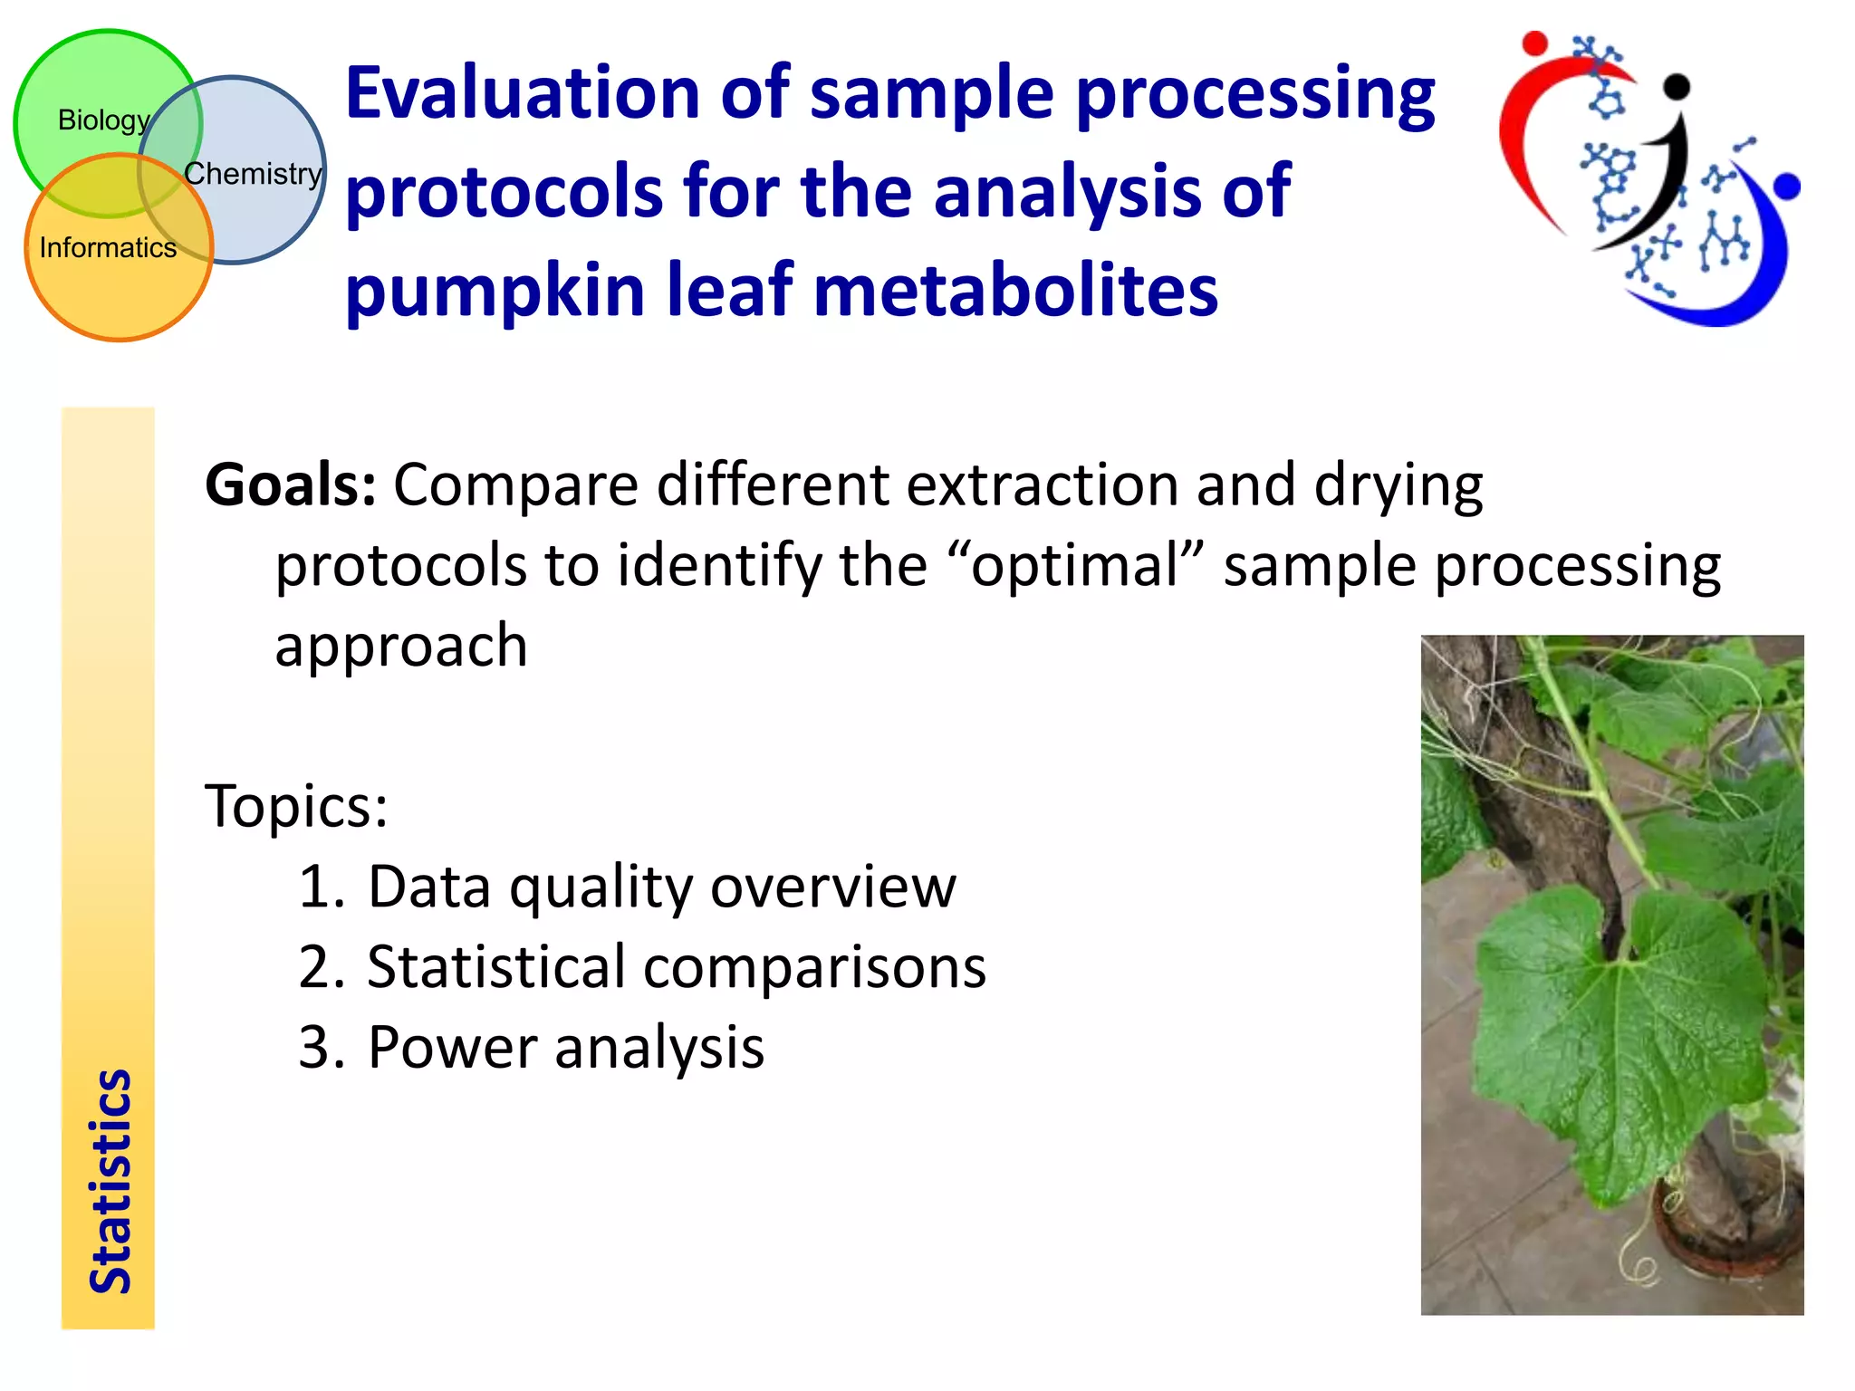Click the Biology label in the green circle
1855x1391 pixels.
103,120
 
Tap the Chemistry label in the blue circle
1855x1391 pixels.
253,173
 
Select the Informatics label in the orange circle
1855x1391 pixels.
108,247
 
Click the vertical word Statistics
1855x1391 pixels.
111,1181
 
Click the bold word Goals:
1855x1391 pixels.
290,485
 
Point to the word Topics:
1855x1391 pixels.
296,805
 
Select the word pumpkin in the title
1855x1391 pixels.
496,291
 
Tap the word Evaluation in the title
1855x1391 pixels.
523,93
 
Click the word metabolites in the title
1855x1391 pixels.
1015,291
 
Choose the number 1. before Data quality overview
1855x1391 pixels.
322,887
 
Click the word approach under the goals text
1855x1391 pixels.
401,647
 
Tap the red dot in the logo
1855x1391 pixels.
1534,43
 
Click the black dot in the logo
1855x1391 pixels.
1677,86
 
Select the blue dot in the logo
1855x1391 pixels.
1786,187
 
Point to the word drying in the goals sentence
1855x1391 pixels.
1398,485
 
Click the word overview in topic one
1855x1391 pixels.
833,887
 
